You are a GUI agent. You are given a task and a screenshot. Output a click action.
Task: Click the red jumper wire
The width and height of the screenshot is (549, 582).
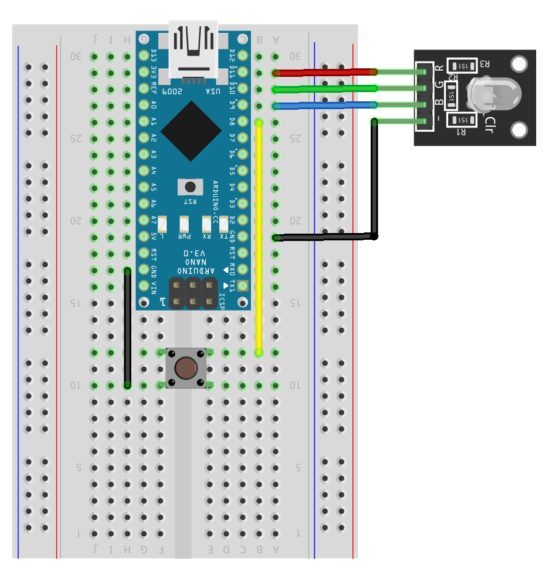click(324, 73)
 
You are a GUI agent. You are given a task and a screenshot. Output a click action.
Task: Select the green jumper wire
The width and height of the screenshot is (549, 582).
click(324, 89)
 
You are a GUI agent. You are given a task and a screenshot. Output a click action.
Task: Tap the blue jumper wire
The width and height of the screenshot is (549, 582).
click(324, 106)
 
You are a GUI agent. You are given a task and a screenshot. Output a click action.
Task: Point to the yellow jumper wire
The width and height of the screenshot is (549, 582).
click(259, 238)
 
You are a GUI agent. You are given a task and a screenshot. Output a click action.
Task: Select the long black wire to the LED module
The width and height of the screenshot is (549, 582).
click(374, 183)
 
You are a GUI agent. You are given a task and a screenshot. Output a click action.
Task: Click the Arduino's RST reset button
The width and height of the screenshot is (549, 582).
click(190, 187)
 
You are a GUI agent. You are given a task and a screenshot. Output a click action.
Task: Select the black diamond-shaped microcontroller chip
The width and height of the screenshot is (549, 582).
click(191, 131)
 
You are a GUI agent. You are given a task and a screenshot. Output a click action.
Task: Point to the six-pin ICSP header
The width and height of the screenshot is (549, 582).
click(194, 293)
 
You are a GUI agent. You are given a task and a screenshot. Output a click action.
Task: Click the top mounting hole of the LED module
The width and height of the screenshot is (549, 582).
click(519, 64)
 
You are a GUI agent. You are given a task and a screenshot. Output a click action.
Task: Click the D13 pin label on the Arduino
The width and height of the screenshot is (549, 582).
click(154, 56)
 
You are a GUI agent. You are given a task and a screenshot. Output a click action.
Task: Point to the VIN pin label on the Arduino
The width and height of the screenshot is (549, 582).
click(154, 286)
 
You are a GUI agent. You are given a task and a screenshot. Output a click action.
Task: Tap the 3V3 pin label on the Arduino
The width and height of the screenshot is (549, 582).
click(154, 73)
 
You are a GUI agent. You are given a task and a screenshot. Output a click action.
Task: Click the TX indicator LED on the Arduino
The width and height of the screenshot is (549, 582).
click(224, 223)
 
